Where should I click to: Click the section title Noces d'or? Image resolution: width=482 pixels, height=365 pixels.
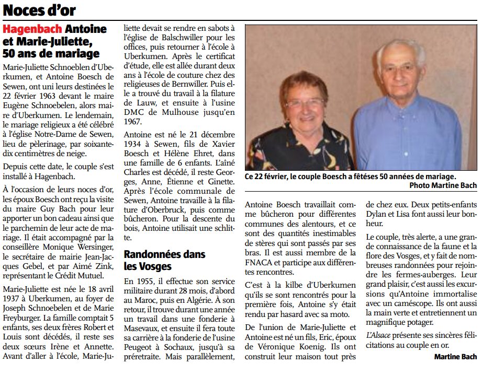(40, 10)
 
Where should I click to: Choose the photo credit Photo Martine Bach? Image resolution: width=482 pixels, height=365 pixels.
(443, 185)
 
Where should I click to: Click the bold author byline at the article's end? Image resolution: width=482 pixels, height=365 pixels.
(455, 357)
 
